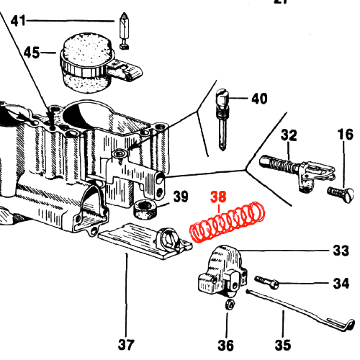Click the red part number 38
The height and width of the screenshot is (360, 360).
click(x=218, y=197)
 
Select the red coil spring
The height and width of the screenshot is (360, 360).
click(x=228, y=222)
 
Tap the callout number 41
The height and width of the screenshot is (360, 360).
click(x=18, y=21)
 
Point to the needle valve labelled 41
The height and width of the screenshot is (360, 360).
click(x=124, y=31)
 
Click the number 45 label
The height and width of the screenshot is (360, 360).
click(x=32, y=53)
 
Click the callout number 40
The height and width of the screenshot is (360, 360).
click(x=259, y=99)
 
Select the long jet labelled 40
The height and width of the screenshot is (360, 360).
click(x=222, y=120)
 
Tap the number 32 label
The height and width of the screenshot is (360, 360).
click(x=289, y=135)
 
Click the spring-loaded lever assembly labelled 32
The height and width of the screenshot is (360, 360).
click(x=297, y=173)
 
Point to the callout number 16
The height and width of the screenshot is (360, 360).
click(x=345, y=135)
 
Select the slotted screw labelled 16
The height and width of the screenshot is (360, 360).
click(x=341, y=194)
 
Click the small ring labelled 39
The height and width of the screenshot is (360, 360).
click(x=145, y=209)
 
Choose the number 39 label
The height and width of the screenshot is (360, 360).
click(x=181, y=197)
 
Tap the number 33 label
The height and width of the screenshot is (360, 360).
click(x=341, y=251)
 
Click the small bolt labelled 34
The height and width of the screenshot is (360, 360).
click(x=266, y=282)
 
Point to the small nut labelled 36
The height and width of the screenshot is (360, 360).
click(x=230, y=305)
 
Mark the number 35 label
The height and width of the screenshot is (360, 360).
click(x=283, y=345)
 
